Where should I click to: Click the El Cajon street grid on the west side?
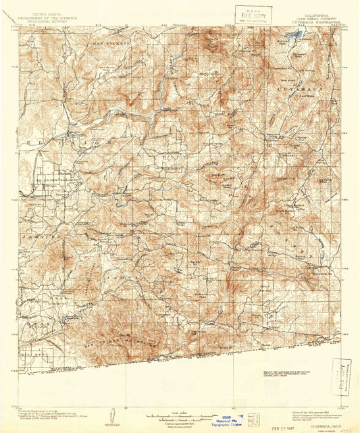tap(47, 179)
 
